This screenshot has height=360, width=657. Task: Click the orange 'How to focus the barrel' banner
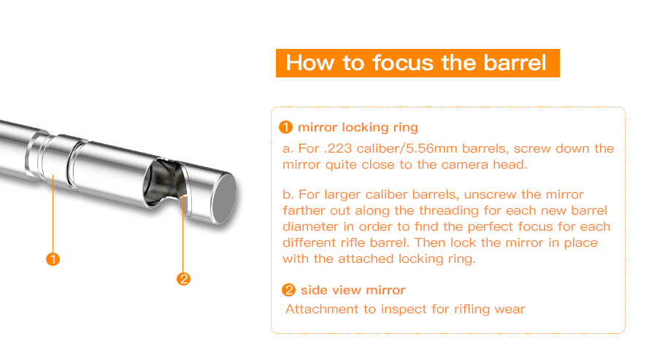pyautogui.click(x=418, y=62)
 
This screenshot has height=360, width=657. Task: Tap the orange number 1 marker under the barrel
pyautogui.click(x=53, y=258)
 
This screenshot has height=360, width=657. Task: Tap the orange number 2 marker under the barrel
pyautogui.click(x=184, y=278)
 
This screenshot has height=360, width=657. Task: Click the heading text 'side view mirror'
pyautogui.click(x=353, y=291)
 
